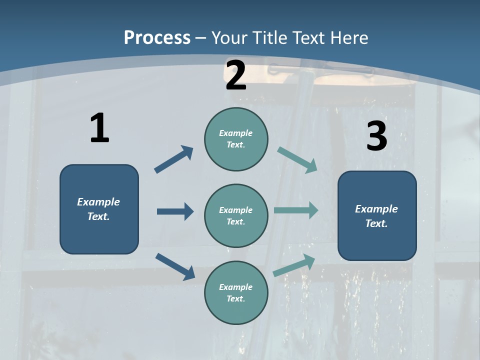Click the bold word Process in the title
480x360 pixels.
(157, 38)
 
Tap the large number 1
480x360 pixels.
(99, 128)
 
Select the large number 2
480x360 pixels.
(236, 76)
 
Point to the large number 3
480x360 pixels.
(376, 136)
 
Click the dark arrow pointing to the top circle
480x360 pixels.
(174, 159)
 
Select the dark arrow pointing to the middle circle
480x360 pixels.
(175, 211)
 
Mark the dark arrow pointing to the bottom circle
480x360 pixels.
(175, 266)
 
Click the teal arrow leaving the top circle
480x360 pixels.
(297, 159)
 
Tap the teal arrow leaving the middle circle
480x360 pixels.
(296, 210)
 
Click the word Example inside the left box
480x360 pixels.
(98, 202)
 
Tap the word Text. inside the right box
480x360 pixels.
(376, 223)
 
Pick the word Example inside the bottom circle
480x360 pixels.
(235, 287)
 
